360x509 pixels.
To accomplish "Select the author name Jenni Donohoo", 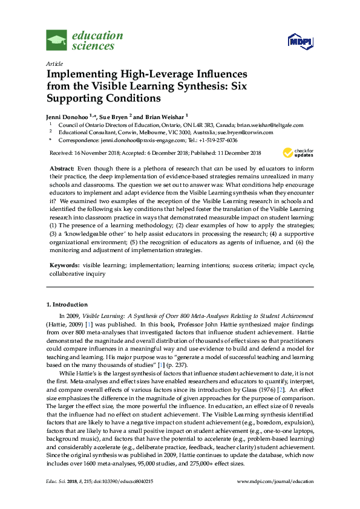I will (x=67, y=115).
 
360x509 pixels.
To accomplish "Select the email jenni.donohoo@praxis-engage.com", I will (x=126, y=139).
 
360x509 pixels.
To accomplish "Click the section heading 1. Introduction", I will (x=67, y=305).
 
